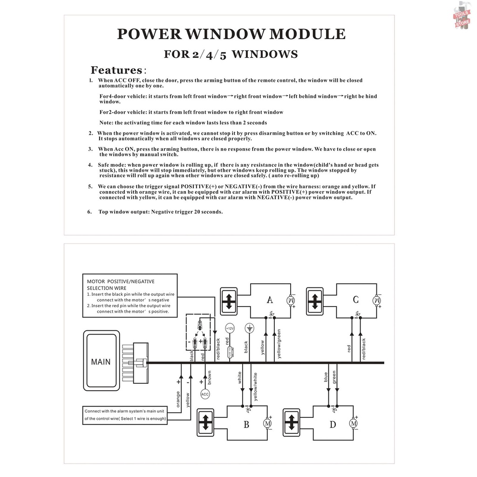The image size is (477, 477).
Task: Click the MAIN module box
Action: pos(101,361)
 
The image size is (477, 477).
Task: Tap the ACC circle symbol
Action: pos(205,394)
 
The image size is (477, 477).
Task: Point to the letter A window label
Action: pos(269,300)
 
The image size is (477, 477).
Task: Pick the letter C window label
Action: pos(355,300)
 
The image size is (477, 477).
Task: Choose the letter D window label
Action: pos(333,424)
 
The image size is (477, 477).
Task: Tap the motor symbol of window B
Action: pos(267,423)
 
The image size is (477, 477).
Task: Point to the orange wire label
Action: pos(178,399)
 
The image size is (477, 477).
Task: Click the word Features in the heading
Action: pos(116,70)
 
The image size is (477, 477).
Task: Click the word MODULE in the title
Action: pos(308,34)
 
